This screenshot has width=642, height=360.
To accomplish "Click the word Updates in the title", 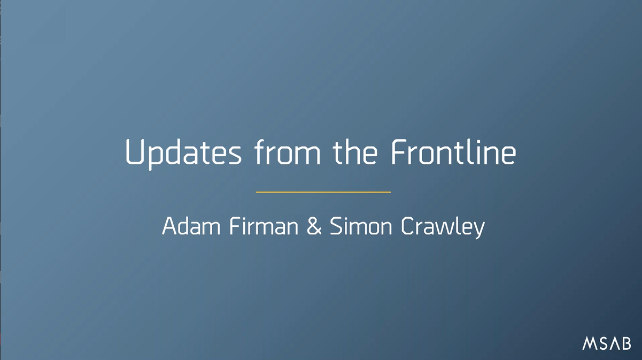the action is [x=183, y=154].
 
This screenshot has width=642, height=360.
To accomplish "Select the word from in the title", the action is [x=287, y=152].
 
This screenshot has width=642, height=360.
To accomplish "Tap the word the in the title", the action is [x=355, y=152].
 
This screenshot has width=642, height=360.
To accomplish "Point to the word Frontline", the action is [x=453, y=152].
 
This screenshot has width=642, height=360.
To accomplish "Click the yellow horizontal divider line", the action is [x=323, y=192].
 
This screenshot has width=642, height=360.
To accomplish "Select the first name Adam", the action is [x=191, y=226].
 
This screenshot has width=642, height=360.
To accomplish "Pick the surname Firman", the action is [x=264, y=226].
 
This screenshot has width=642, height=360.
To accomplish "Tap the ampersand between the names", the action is [x=314, y=226].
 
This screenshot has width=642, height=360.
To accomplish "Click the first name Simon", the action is [x=360, y=226].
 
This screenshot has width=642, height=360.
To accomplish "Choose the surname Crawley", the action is [x=443, y=227].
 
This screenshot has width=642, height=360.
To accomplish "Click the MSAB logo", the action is [x=607, y=343].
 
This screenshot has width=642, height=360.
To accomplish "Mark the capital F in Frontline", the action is [x=399, y=152].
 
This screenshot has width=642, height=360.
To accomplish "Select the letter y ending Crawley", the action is [x=478, y=230].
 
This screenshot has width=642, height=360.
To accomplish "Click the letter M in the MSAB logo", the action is [x=589, y=343].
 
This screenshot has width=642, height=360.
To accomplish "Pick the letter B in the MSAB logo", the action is [x=626, y=343].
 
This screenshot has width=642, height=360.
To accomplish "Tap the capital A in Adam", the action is [x=169, y=226].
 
